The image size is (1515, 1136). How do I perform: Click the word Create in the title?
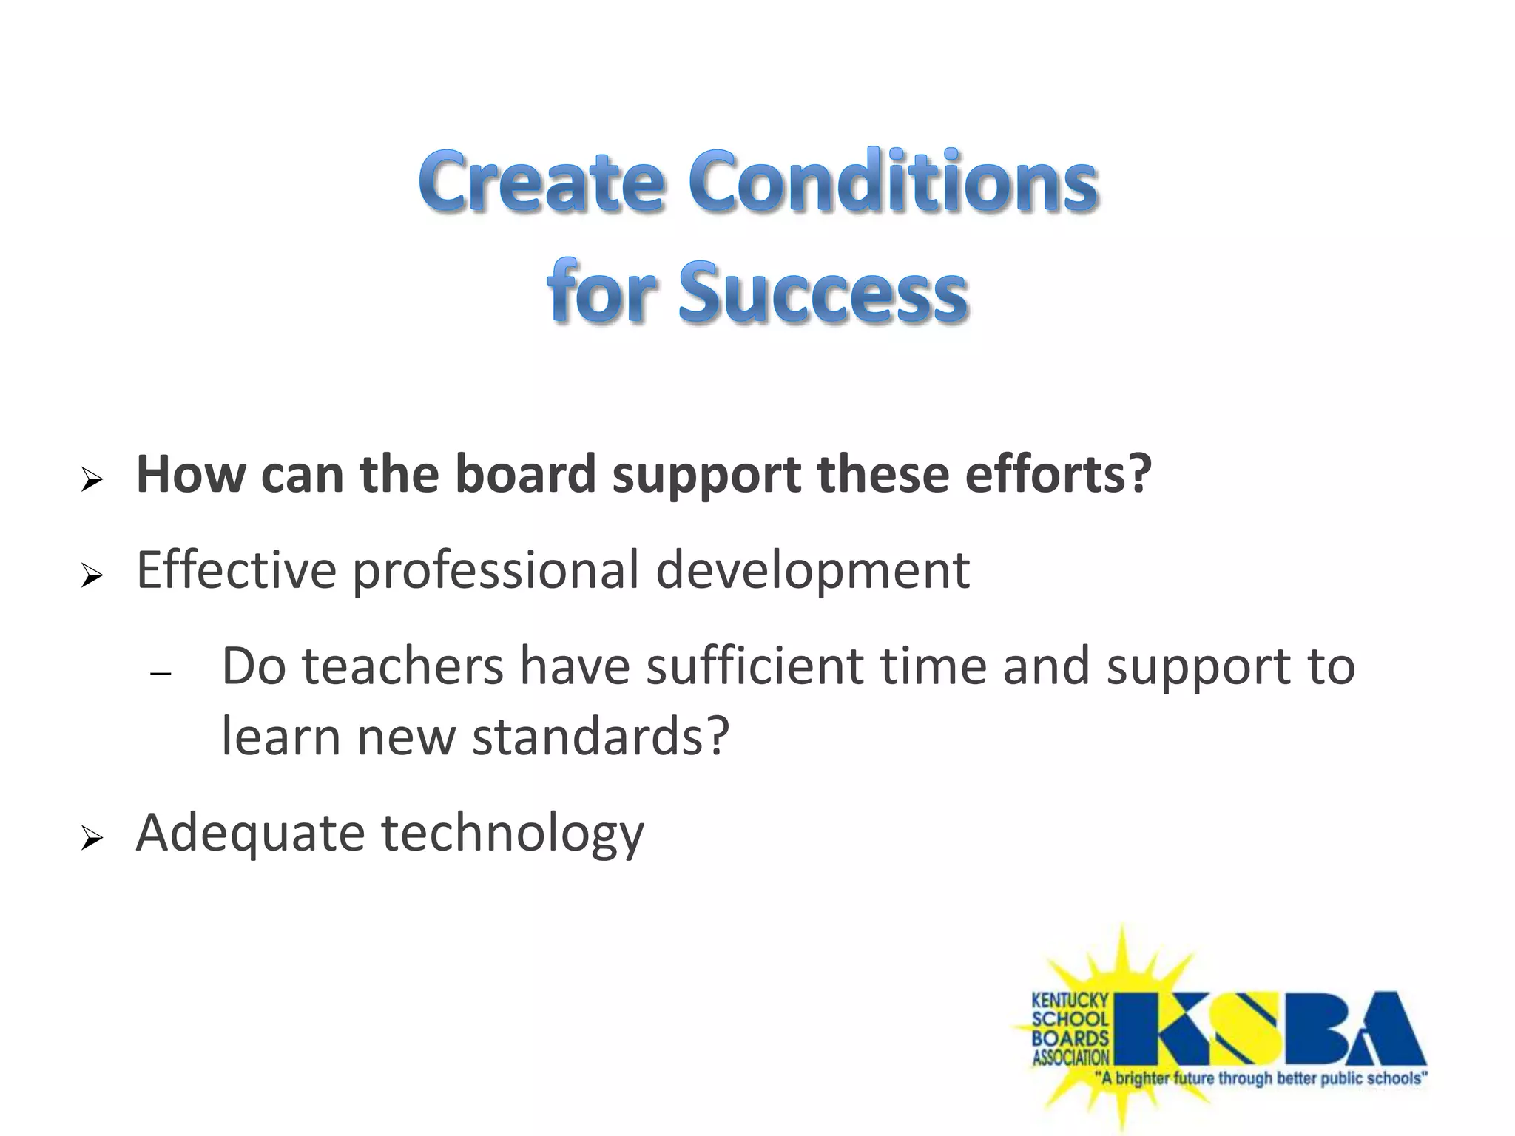click(541, 181)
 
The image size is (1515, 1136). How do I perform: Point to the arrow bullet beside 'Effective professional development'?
click(92, 575)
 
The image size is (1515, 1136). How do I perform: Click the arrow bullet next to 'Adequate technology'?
click(92, 839)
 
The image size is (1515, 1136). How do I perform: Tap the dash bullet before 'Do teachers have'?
click(161, 674)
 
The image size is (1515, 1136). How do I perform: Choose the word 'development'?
click(812, 572)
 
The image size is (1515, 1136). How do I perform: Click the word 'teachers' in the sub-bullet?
click(403, 666)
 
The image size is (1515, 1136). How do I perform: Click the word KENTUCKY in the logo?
click(1070, 1001)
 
